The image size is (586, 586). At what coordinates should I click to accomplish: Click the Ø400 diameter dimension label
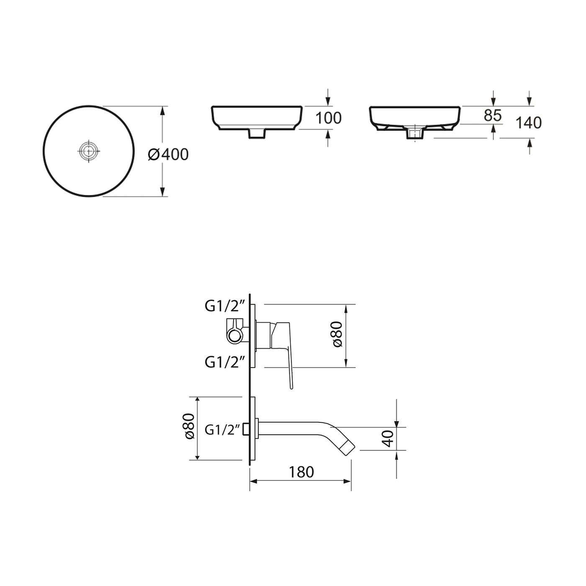168,154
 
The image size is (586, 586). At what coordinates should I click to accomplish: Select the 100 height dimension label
328,118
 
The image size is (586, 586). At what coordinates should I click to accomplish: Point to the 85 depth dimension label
492,116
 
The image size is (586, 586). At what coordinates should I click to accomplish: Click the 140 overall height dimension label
528,123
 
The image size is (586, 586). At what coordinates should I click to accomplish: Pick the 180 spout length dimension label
301,472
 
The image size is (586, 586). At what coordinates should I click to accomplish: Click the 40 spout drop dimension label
388,439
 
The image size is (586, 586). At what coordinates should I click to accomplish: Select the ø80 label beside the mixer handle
338,334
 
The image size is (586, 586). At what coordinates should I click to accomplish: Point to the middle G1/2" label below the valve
224,361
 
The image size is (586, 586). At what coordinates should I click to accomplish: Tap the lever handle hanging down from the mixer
290,368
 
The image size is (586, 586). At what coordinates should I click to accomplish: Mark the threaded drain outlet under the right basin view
415,134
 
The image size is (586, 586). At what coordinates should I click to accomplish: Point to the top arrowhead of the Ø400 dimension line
162,110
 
